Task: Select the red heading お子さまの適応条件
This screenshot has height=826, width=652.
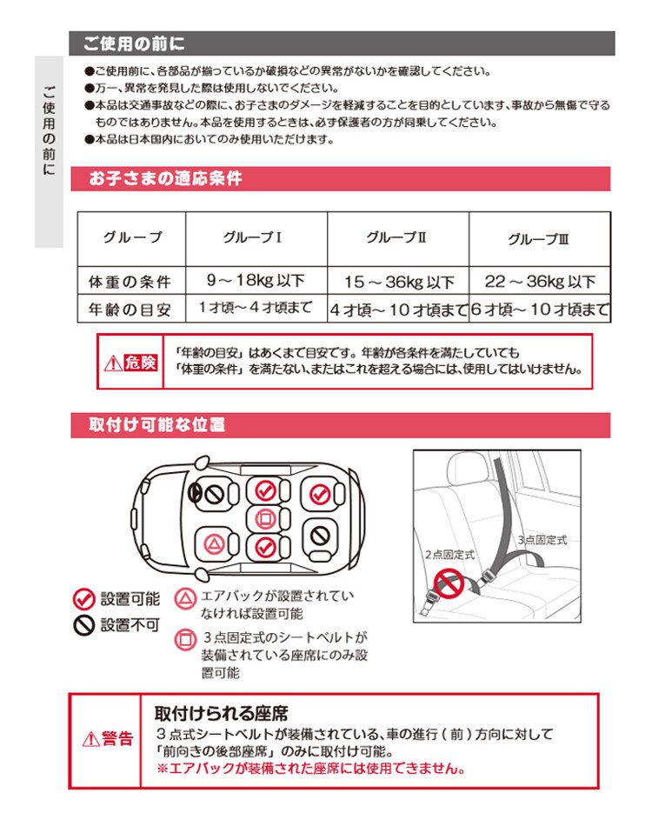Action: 165,178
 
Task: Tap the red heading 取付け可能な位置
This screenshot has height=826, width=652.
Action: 157,424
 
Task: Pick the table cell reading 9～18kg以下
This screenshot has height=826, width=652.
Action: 256,280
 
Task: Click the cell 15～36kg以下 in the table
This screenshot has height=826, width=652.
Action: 399,282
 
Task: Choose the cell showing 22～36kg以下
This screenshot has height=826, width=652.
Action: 540,282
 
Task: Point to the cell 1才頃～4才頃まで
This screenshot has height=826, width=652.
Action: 256,307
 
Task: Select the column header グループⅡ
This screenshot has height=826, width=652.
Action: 396,237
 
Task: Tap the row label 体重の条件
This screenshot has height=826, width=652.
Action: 130,282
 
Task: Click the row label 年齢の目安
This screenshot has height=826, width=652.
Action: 130,310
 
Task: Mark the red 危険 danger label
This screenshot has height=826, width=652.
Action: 141,363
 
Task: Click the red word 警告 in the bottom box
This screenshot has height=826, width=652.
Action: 116,738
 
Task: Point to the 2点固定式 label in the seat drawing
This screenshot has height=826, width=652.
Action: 449,554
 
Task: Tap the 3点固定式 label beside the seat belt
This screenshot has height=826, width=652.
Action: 542,540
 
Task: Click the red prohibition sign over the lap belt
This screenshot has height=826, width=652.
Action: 449,584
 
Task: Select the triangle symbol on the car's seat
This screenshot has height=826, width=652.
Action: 214,544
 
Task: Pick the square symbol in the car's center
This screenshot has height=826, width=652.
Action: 265,519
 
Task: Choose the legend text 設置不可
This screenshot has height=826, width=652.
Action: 130,625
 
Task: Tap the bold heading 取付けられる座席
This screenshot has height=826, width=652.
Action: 221,713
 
